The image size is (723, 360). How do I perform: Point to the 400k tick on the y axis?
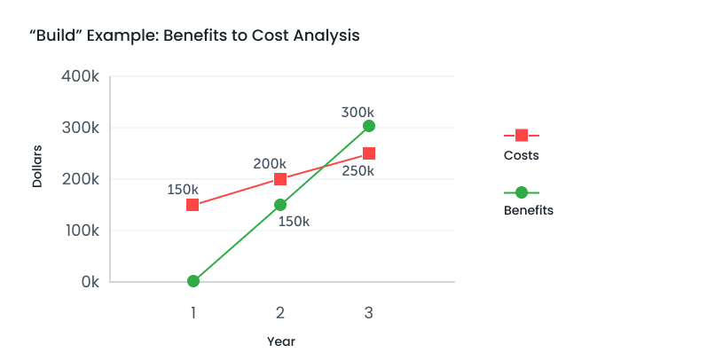pos(80,76)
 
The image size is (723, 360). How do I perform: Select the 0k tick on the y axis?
pos(89,282)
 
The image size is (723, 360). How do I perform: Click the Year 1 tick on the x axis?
pos(193,312)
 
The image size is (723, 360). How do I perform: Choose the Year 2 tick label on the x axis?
pos(280,312)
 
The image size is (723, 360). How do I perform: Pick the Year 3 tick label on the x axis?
pos(368,312)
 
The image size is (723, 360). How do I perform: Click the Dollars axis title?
pos(37,166)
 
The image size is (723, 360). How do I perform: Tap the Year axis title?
pos(281,341)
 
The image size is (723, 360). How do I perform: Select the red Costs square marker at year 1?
pos(193,205)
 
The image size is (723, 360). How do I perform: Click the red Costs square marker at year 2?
pos(280,179)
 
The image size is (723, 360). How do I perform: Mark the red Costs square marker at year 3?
pos(369,153)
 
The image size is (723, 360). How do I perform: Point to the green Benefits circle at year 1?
pos(193,281)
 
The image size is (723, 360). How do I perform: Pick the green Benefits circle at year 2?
pos(280,205)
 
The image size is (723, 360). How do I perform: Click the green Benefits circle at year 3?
pos(369,126)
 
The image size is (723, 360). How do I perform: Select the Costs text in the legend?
pos(521,156)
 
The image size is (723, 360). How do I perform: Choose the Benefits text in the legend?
pos(528,211)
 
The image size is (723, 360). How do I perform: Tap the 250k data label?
pos(358,171)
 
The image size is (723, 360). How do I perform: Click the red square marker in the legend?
pos(522,135)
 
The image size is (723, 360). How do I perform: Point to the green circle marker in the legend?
pos(522,192)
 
